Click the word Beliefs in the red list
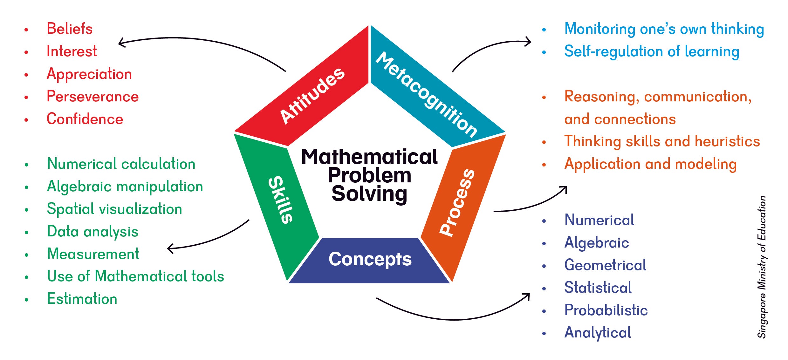[x=70, y=29]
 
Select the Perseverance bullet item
[x=93, y=97]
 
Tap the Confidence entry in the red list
[x=85, y=119]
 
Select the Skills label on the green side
[x=280, y=200]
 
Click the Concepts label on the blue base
[x=370, y=260]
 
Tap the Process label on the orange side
[x=457, y=203]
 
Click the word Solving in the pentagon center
[x=369, y=194]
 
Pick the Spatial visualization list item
[x=114, y=209]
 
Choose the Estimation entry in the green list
[x=82, y=299]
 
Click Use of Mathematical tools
[x=135, y=276]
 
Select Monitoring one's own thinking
[x=664, y=29]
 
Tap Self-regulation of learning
[x=652, y=52]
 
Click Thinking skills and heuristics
[x=662, y=142]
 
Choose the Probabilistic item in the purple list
[x=606, y=310]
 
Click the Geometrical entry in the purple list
[x=605, y=265]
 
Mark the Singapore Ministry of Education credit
[x=762, y=267]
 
